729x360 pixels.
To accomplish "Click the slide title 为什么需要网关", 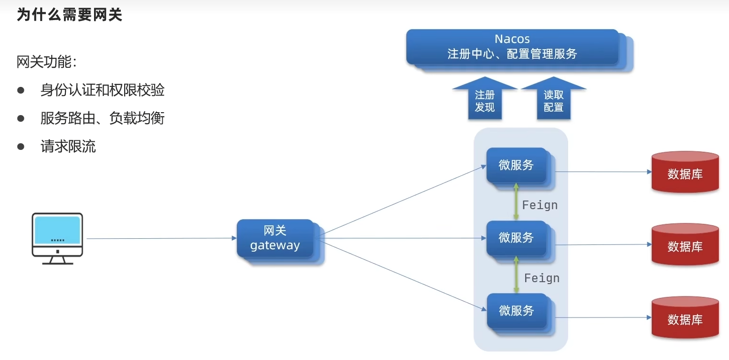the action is (70, 15).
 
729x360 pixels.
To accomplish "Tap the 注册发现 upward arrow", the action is (485, 98).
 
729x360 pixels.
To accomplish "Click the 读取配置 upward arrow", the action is (554, 98).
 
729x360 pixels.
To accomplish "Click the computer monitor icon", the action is (57, 239).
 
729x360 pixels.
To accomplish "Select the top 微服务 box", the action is (520, 168).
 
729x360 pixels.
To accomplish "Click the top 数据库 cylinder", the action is (685, 172).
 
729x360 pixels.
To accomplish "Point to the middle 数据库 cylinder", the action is (685, 244).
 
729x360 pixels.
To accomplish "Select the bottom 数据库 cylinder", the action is (685, 318).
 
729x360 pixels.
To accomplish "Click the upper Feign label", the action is (540, 205).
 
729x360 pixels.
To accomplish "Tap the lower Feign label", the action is (542, 278).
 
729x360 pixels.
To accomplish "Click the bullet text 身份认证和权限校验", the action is (103, 90).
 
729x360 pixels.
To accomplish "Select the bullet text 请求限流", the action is (68, 146).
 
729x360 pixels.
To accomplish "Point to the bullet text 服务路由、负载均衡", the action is (103, 118).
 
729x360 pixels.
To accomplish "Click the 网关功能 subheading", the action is (46, 62).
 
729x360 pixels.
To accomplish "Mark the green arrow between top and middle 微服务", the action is (516, 201).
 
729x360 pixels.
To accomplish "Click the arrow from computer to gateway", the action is (161, 238).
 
